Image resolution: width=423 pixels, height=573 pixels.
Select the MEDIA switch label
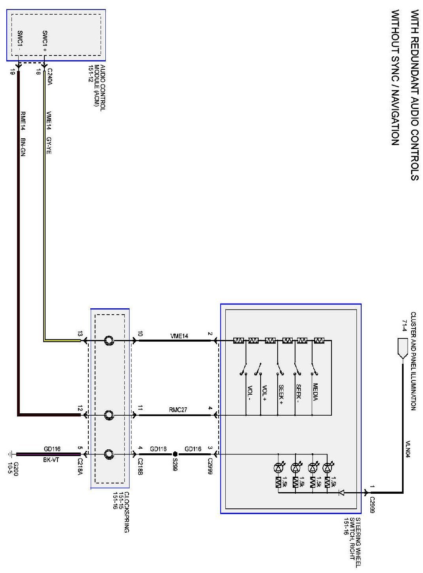click(x=315, y=392)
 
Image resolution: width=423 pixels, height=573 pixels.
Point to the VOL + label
click(x=264, y=394)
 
